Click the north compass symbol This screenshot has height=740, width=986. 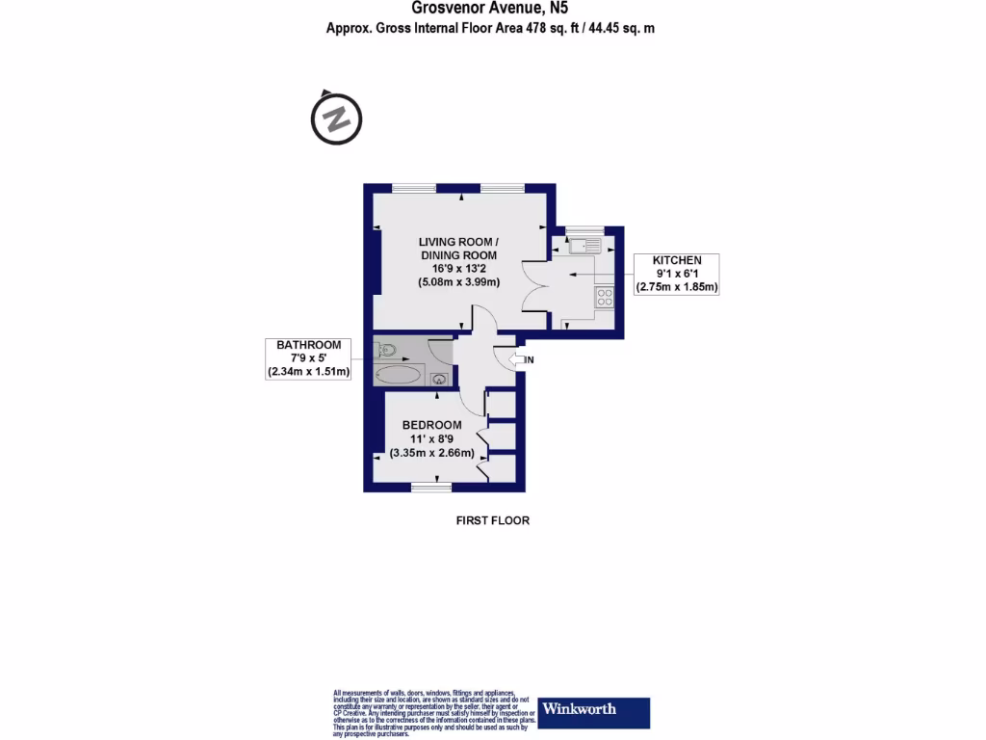click(x=335, y=119)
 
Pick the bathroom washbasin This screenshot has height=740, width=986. click(x=437, y=379)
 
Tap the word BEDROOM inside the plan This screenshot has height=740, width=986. click(x=431, y=425)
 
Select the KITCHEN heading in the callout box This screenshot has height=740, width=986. click(x=677, y=261)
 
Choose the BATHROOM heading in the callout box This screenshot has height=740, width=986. click(x=309, y=345)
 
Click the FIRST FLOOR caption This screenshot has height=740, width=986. click(x=492, y=520)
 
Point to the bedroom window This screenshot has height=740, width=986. click(x=431, y=488)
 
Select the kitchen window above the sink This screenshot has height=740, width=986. click(x=584, y=229)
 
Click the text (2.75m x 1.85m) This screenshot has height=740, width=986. click(x=677, y=287)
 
